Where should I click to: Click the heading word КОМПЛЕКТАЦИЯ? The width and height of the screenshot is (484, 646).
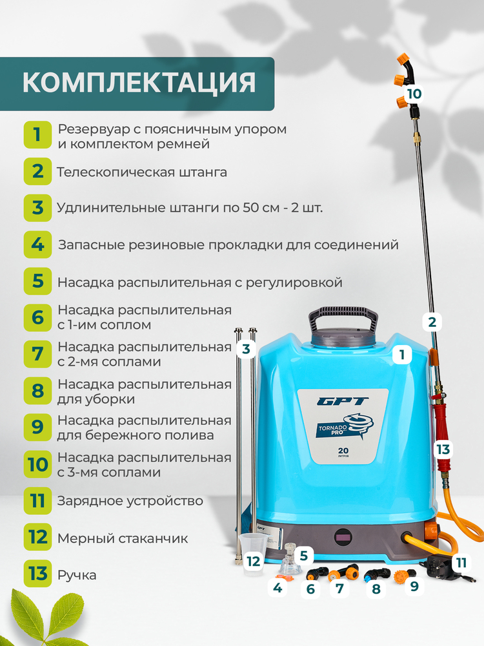tap(139, 83)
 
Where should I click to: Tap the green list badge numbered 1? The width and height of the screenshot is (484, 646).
tap(37, 135)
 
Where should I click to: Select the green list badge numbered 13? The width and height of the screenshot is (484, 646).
tap(37, 573)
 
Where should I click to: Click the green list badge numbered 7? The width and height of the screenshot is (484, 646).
tap(37, 353)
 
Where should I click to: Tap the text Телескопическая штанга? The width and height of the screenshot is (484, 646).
tap(142, 172)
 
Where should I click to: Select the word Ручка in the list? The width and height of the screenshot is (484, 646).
tap(77, 574)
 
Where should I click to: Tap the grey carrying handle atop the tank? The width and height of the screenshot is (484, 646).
tap(343, 320)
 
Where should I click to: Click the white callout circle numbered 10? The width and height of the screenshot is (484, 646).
tap(414, 94)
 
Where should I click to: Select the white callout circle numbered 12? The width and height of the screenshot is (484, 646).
tap(254, 561)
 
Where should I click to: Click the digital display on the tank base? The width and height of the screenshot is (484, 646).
tap(344, 536)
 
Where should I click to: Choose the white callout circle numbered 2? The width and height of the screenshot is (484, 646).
tap(432, 321)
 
